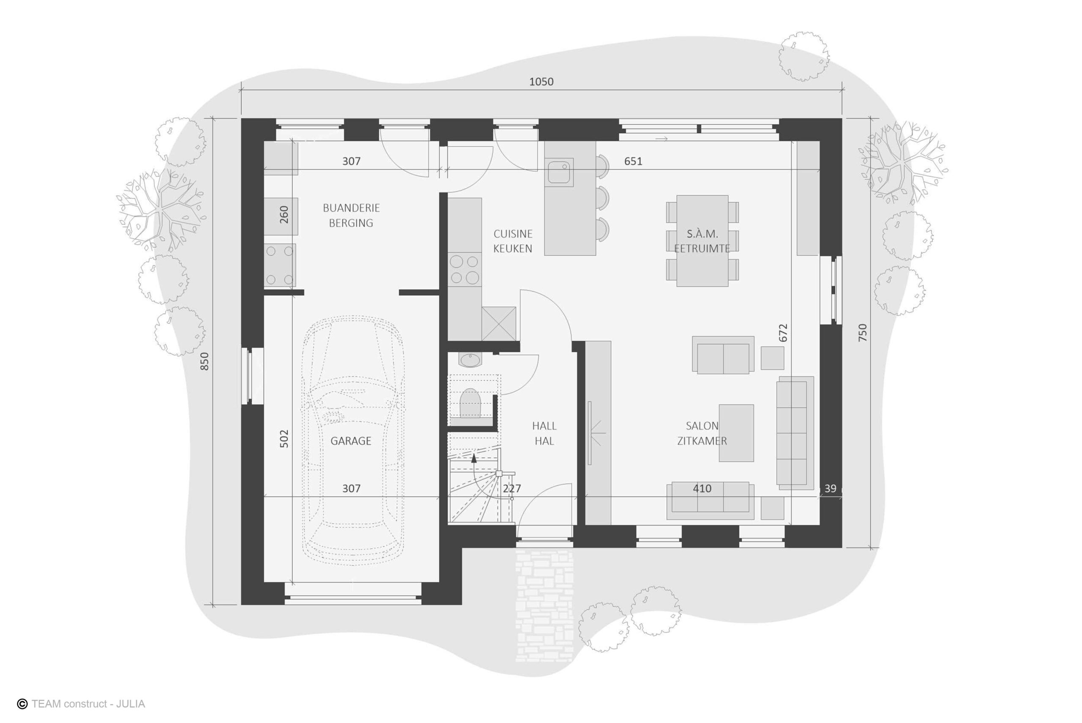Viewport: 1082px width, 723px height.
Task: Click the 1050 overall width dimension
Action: [541, 82]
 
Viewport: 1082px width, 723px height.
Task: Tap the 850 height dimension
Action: [205, 361]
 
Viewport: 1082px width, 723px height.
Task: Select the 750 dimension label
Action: [863, 332]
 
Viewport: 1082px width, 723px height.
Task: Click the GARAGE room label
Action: [351, 441]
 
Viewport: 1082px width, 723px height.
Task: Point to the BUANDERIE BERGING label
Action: [351, 215]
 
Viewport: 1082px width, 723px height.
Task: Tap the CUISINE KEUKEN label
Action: [513, 241]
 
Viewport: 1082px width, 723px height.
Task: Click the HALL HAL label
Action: [544, 433]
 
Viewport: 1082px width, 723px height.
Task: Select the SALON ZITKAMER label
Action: [702, 433]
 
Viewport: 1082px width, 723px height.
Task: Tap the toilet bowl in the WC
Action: [470, 403]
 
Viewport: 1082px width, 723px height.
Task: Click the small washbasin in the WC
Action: [470, 360]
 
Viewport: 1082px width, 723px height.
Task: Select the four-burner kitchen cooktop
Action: [464, 270]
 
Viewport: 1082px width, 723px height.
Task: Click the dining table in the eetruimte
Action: [702, 241]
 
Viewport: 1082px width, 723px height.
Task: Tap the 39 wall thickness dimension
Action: [830, 489]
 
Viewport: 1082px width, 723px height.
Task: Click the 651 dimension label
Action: [633, 161]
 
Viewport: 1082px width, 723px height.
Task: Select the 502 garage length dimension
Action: [284, 438]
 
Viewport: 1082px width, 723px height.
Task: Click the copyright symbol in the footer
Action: [22, 704]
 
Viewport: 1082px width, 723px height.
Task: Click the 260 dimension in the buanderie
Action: [284, 214]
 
